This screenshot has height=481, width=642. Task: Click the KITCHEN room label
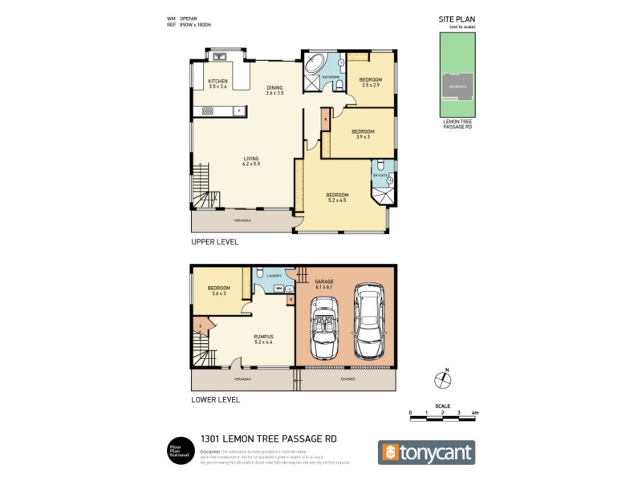click(x=218, y=83)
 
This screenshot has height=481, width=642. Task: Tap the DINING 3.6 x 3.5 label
click(x=275, y=91)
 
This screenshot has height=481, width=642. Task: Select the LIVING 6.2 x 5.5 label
click(x=251, y=161)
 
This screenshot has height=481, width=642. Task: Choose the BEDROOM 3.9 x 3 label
click(x=363, y=134)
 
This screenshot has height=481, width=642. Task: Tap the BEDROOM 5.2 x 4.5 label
click(x=337, y=198)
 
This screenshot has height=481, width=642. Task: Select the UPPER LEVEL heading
click(x=214, y=241)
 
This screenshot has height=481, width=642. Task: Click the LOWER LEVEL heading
click(x=215, y=399)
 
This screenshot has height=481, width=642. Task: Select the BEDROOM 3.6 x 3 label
click(x=218, y=291)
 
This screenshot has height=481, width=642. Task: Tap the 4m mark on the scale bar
click(x=476, y=413)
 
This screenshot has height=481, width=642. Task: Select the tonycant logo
click(x=426, y=452)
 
